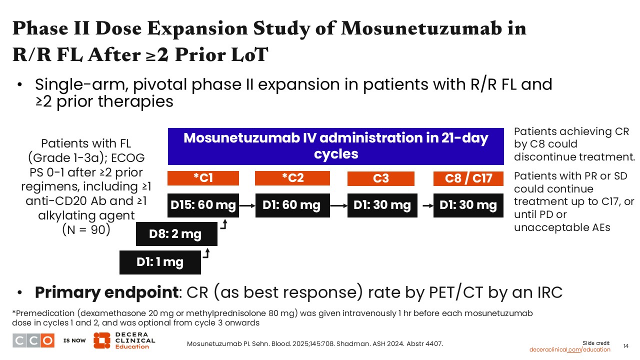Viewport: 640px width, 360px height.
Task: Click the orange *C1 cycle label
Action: (203, 178)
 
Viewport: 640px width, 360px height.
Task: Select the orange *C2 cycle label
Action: (292, 178)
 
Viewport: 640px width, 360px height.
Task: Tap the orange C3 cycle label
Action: (381, 178)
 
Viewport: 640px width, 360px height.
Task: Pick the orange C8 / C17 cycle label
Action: (468, 178)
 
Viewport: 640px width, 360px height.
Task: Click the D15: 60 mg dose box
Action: (203, 205)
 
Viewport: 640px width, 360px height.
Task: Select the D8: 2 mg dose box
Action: (176, 234)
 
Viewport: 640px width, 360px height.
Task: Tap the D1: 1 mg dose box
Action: (160, 262)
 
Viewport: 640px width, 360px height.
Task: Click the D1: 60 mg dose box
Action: (292, 205)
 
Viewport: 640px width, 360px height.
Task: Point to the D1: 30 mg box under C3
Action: (382, 205)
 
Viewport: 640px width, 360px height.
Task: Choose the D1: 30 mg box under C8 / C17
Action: (468, 205)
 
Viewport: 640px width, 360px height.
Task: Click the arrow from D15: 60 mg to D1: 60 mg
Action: (247, 205)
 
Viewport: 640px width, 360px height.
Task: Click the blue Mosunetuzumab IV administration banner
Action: (335, 146)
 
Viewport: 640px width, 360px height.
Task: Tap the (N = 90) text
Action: (86, 229)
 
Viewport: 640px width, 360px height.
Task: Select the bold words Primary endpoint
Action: (107, 292)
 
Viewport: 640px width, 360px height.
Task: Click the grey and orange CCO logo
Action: (33, 340)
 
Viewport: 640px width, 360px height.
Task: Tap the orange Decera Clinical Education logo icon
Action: (101, 340)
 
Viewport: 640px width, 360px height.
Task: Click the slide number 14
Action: (625, 346)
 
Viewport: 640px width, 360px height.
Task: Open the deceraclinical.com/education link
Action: (569, 349)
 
